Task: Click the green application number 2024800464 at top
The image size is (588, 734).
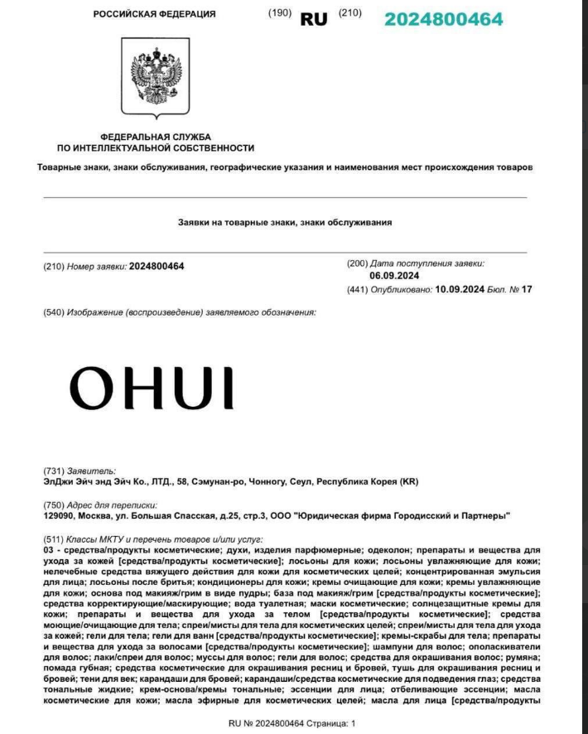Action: (x=444, y=18)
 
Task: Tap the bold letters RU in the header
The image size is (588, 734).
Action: (x=314, y=18)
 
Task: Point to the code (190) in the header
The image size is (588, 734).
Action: (x=280, y=13)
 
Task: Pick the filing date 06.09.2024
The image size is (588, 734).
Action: (x=394, y=275)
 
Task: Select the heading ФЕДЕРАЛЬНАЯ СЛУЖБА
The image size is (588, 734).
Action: (x=156, y=136)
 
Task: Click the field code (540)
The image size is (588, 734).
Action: (x=55, y=312)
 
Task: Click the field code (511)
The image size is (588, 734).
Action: (x=55, y=538)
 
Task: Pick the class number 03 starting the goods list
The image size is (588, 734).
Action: (x=48, y=550)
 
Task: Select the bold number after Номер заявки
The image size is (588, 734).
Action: (x=157, y=266)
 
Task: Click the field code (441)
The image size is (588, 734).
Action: (x=357, y=289)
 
